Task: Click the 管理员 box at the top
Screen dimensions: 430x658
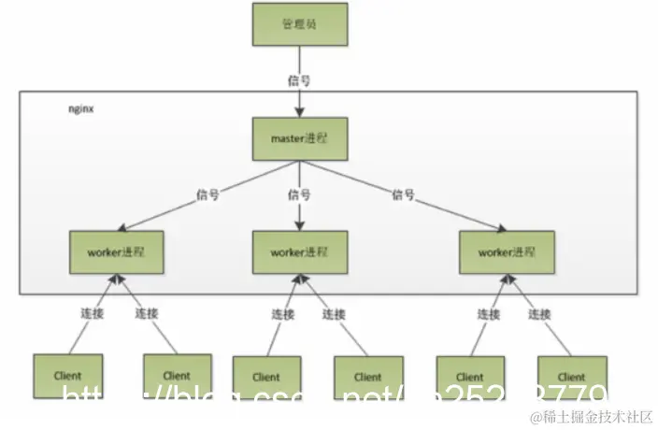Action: [299, 22]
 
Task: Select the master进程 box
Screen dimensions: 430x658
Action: [299, 137]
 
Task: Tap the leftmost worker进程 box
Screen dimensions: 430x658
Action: [117, 251]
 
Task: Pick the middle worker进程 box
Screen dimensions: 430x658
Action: [299, 251]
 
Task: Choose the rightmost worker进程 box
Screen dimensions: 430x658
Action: [508, 251]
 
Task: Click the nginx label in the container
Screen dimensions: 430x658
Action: [82, 109]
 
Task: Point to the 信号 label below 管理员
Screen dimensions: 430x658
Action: [299, 80]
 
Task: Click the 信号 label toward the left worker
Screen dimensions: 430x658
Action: [207, 194]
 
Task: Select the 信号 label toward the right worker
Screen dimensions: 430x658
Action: [404, 194]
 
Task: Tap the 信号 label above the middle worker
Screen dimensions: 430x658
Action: [300, 194]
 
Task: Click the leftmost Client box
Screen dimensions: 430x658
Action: [67, 376]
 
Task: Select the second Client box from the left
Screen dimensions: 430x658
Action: [176, 376]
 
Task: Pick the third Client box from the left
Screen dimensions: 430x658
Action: [265, 378]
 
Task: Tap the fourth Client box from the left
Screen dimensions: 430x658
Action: [368, 378]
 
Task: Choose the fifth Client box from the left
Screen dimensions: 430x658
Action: [470, 378]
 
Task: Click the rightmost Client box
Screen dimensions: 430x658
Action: [572, 378]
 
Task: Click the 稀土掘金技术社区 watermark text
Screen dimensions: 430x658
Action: [591, 416]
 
